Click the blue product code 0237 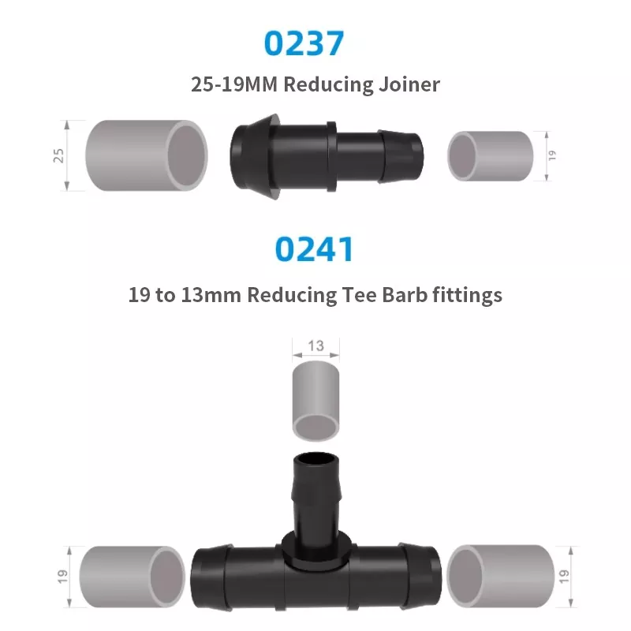click(x=304, y=43)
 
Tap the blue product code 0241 click(x=314, y=249)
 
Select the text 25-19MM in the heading click(x=234, y=84)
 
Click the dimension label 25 click(x=58, y=155)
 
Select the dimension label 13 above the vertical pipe click(x=316, y=345)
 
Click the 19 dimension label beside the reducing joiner click(x=552, y=155)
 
